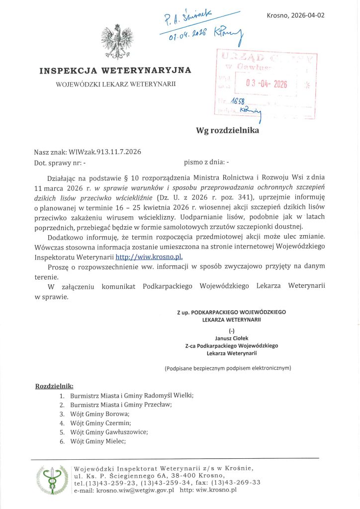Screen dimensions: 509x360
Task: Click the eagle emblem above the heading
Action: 117,42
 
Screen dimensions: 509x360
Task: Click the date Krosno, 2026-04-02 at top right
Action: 295,15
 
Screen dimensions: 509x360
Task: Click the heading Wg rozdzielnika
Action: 227,131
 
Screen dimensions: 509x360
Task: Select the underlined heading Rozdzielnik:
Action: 55,386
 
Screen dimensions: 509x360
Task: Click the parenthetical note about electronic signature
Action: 228,368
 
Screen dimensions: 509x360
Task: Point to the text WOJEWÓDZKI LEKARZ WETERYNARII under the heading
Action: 116,85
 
